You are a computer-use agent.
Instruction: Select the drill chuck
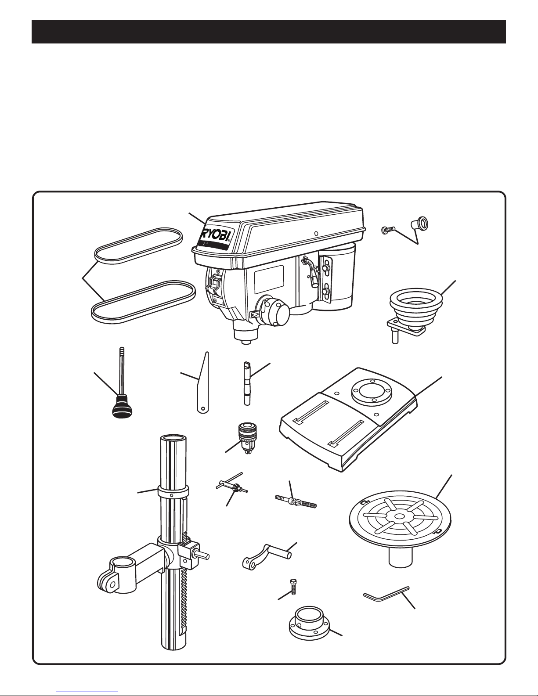248,437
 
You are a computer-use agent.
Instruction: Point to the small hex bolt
292,587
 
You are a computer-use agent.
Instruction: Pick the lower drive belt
143,302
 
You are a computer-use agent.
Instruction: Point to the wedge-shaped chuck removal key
202,382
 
